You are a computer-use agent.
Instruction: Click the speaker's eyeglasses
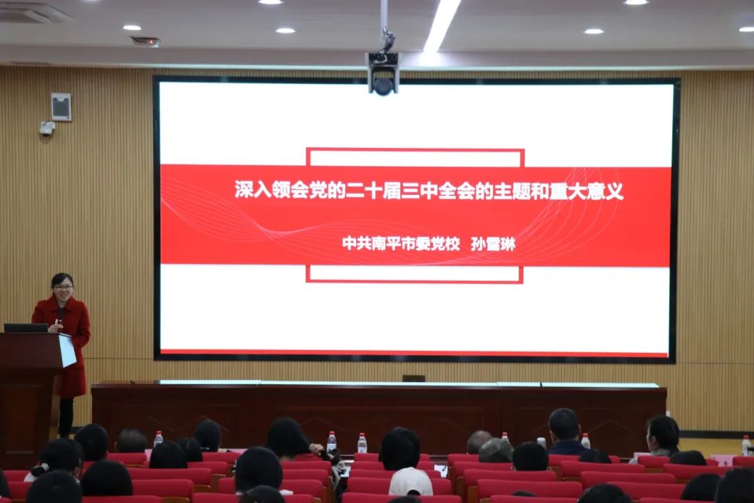pos(63,286)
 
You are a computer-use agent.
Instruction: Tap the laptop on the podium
pos(26,328)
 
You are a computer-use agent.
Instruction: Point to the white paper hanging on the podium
pos(67,350)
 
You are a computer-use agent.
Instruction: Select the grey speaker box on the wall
pos(61,107)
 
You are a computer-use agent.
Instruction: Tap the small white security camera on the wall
pos(47,128)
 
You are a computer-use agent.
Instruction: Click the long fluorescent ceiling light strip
pos(442,24)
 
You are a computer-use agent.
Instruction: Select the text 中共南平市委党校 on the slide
pos(401,244)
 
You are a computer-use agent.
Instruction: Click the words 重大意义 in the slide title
pos(588,191)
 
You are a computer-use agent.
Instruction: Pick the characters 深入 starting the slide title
pos(247,191)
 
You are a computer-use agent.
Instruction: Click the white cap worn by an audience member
pos(410,481)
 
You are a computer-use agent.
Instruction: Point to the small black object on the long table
pos(413,378)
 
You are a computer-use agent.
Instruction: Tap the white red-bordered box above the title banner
pos(415,156)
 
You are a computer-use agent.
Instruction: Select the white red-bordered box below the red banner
pos(415,274)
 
